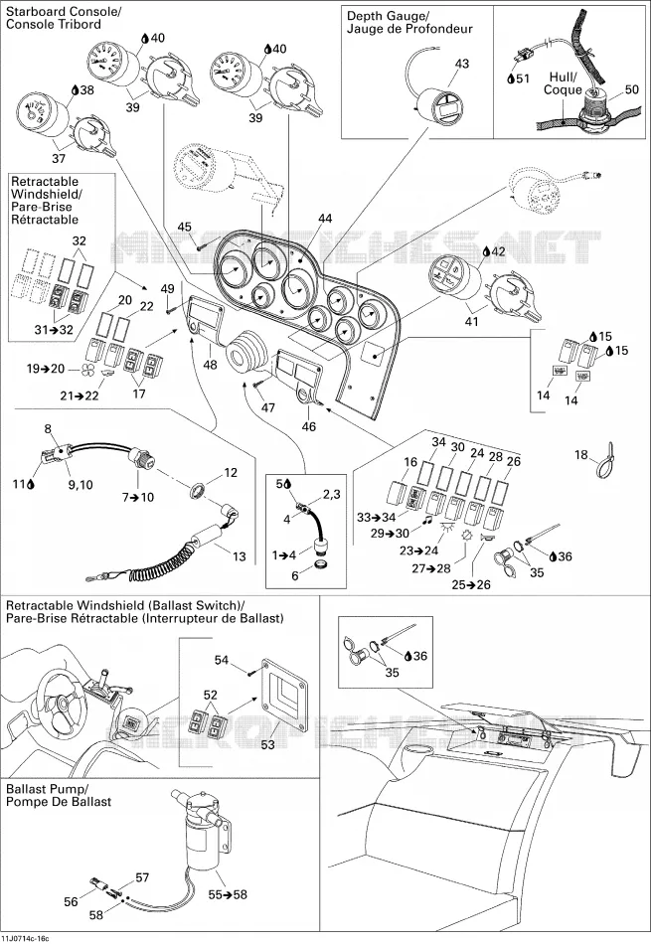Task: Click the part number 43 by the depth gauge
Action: coord(462,64)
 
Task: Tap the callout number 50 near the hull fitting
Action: coord(632,89)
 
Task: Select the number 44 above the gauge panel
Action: coord(325,219)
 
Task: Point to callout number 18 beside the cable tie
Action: coord(580,454)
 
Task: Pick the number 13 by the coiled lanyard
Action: coord(240,556)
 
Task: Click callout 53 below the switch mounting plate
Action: coord(268,744)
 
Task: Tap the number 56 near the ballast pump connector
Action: coord(71,901)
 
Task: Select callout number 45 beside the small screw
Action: coord(184,227)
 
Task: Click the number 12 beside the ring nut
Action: coord(230,473)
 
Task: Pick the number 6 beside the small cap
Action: coord(295,575)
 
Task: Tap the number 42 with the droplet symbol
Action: coord(498,252)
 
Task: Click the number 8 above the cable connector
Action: coord(48,429)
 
